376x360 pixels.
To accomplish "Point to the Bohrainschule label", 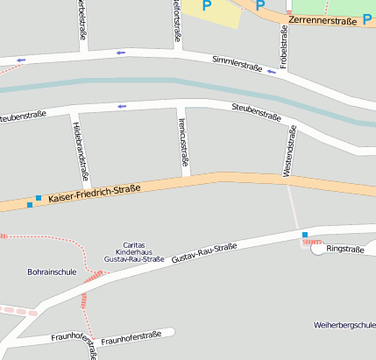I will (52, 272).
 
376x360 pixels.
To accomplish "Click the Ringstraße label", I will (344, 249).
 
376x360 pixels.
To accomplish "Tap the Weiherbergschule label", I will (344, 325).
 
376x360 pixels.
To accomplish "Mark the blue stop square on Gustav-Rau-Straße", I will (305, 235).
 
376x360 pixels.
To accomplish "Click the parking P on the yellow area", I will (208, 5).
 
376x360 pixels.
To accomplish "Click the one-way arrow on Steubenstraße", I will (122, 107).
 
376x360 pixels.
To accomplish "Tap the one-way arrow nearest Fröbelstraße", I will (272, 72).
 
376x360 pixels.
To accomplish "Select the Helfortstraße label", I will (178, 19).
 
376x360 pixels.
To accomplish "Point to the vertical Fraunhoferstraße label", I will (90, 346).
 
